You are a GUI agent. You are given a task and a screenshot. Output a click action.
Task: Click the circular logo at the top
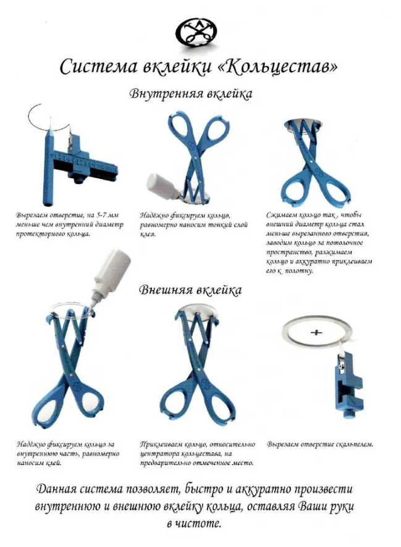point(196,33)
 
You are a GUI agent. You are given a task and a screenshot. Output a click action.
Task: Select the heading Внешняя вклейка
point(190,290)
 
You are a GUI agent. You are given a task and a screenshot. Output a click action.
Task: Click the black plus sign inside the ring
point(316,332)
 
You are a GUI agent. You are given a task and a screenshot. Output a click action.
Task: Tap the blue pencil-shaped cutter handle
point(48,167)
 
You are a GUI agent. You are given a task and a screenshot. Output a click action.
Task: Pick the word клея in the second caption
point(148,235)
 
